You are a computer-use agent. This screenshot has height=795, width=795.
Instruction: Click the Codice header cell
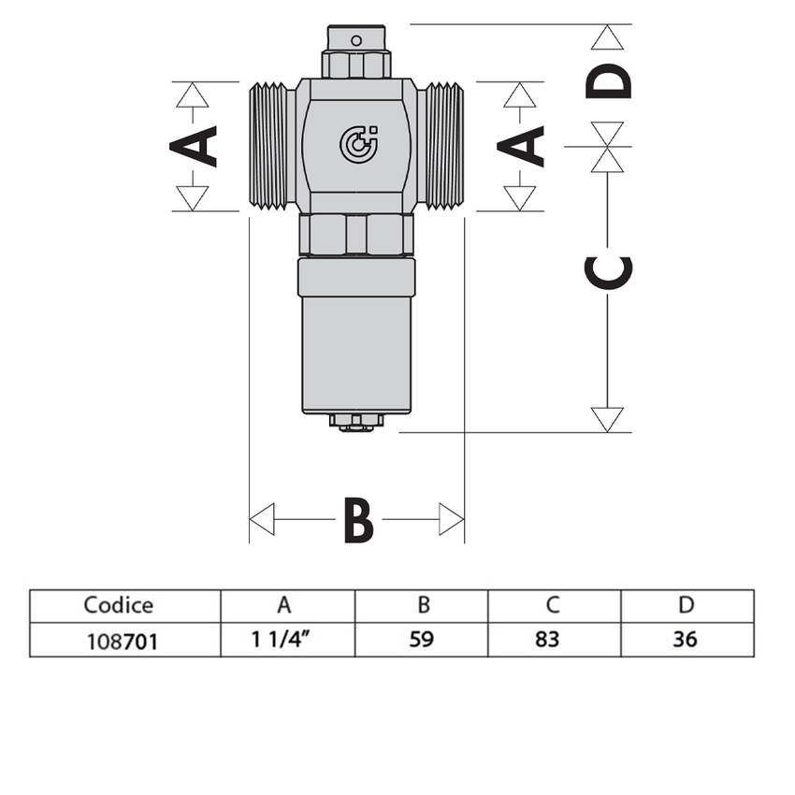(x=119, y=605)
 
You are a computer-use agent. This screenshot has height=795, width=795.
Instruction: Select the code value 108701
(x=119, y=641)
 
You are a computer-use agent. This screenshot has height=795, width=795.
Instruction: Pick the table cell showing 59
(x=423, y=641)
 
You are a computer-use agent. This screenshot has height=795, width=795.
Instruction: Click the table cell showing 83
(x=553, y=641)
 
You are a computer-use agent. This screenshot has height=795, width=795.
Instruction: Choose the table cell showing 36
(x=686, y=641)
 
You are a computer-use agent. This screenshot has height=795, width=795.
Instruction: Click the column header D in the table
(x=686, y=605)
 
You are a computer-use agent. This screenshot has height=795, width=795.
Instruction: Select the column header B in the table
(x=423, y=605)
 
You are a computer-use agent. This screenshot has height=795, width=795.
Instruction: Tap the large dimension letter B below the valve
(x=358, y=520)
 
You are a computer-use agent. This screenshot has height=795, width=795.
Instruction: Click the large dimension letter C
(x=608, y=270)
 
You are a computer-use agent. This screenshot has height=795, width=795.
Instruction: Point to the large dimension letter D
(x=609, y=81)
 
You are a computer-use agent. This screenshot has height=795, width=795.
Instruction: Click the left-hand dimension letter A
(x=194, y=146)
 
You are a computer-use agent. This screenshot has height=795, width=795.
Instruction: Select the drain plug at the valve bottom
(x=355, y=423)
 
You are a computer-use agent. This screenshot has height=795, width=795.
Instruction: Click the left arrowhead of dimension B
(x=262, y=519)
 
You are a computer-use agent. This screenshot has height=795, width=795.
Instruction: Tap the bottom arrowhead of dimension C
(x=608, y=419)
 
